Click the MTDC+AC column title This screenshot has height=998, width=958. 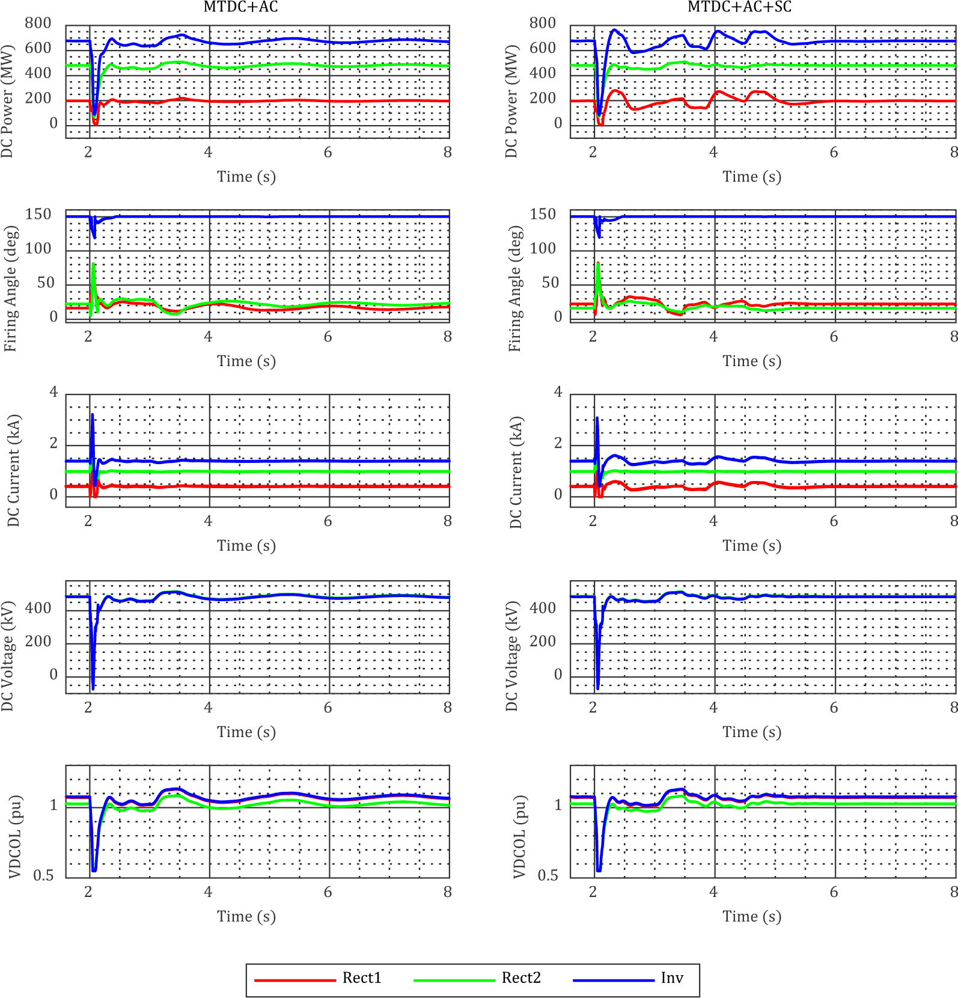coord(240,7)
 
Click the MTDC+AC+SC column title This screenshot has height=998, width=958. coord(739,7)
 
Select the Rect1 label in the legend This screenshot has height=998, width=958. coord(362,978)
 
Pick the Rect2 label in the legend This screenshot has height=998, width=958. coord(521,978)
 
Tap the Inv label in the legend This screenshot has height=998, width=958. coord(672,978)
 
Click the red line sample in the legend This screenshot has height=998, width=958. coord(294,980)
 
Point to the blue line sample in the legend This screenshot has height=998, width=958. coord(613,980)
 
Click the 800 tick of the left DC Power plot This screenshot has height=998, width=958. coord(38,23)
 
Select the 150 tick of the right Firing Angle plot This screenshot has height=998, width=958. coord(543,215)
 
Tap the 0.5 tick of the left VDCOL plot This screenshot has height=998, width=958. coord(43,875)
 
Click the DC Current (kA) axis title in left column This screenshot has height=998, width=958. coord(13,471)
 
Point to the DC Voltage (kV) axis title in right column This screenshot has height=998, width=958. coord(511,655)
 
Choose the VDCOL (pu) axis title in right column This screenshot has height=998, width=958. coord(519,837)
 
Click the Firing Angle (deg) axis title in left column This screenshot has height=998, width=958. coord(11,289)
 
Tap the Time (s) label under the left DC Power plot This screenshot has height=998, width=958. coord(246,177)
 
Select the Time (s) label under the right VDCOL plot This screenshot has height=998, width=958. coord(752,917)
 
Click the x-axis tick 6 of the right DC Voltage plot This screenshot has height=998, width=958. coord(834,708)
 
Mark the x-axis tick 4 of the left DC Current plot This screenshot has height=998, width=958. coord(208,521)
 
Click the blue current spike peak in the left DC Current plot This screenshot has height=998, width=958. coord(93,414)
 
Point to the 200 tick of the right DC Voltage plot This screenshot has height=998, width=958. coord(543,641)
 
